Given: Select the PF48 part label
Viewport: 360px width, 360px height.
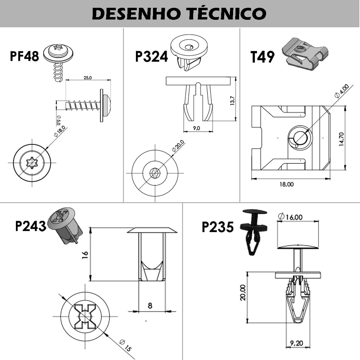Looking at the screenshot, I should coord(24,56).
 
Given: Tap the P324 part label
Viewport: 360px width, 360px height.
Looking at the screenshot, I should coord(151,56).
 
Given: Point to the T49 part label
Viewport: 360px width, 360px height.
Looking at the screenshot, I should coord(262,57).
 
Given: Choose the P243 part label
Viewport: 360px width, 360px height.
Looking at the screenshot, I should coord(31,226).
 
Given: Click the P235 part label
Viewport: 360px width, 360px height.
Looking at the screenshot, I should coord(217,227).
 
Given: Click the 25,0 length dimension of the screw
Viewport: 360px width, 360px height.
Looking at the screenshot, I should coord(88,78).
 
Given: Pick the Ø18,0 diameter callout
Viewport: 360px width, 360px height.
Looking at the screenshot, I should coord(59,131).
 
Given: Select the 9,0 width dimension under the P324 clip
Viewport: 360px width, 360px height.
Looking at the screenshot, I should coord(196,128).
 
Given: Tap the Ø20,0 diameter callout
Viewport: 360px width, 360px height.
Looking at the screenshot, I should coord(178,146).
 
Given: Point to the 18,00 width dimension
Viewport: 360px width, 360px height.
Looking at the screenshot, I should coord(286,184).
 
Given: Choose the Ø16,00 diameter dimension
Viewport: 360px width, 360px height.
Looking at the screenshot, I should coord(290,217).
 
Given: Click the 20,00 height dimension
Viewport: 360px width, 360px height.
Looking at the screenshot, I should coord(243,292).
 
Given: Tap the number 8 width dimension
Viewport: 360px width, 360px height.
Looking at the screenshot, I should coord(150,305).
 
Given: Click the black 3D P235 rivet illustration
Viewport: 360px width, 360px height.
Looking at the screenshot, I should coord(253,231).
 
